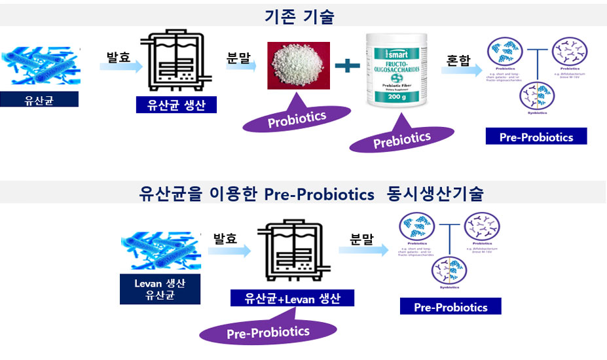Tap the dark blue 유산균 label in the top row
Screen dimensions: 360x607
point(39,99)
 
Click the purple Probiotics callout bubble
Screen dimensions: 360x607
point(297,118)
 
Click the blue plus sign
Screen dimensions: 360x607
point(347,65)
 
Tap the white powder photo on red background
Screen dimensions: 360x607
point(299,65)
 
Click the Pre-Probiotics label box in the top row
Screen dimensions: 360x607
point(536,137)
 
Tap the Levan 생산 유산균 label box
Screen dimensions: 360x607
point(160,290)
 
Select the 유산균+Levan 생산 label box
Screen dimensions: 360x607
point(292,298)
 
